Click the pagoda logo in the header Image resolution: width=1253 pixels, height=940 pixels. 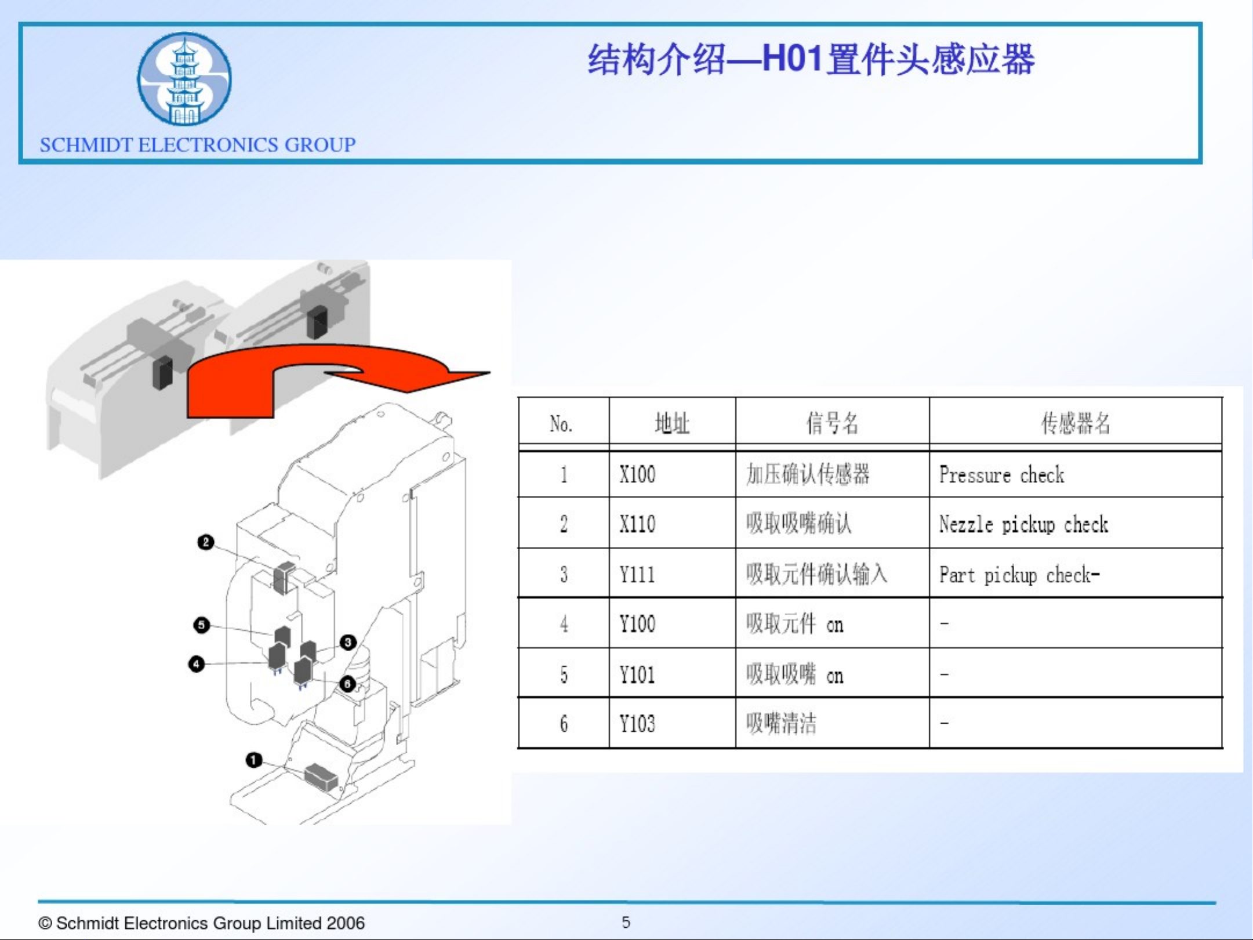[x=184, y=79]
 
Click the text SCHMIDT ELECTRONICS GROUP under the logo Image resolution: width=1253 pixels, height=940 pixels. [x=198, y=144]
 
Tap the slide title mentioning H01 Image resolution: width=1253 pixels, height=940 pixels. [x=811, y=60]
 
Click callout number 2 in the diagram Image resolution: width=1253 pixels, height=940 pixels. [x=205, y=542]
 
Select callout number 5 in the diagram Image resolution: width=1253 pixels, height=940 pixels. [x=201, y=625]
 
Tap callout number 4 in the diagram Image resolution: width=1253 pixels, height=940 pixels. [x=197, y=663]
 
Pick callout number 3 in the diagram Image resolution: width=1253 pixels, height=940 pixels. [x=348, y=642]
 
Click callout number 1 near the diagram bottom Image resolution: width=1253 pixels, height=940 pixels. [x=253, y=760]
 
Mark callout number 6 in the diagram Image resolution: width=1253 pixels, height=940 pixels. [x=347, y=684]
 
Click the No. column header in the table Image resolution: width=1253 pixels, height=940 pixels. [x=561, y=424]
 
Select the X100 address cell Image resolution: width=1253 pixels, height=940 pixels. [x=637, y=474]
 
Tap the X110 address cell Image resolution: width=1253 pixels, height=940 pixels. [x=637, y=524]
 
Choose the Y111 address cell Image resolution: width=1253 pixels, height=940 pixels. [x=637, y=575]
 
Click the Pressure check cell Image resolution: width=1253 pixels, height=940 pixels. [x=1002, y=475]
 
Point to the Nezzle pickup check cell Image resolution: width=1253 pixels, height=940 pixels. [x=1023, y=524]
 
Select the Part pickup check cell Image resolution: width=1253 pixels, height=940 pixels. [x=1019, y=575]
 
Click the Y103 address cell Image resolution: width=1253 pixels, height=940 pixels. [x=637, y=724]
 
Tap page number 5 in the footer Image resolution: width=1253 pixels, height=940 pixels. [x=626, y=922]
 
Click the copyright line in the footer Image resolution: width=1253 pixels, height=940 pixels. [x=201, y=923]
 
